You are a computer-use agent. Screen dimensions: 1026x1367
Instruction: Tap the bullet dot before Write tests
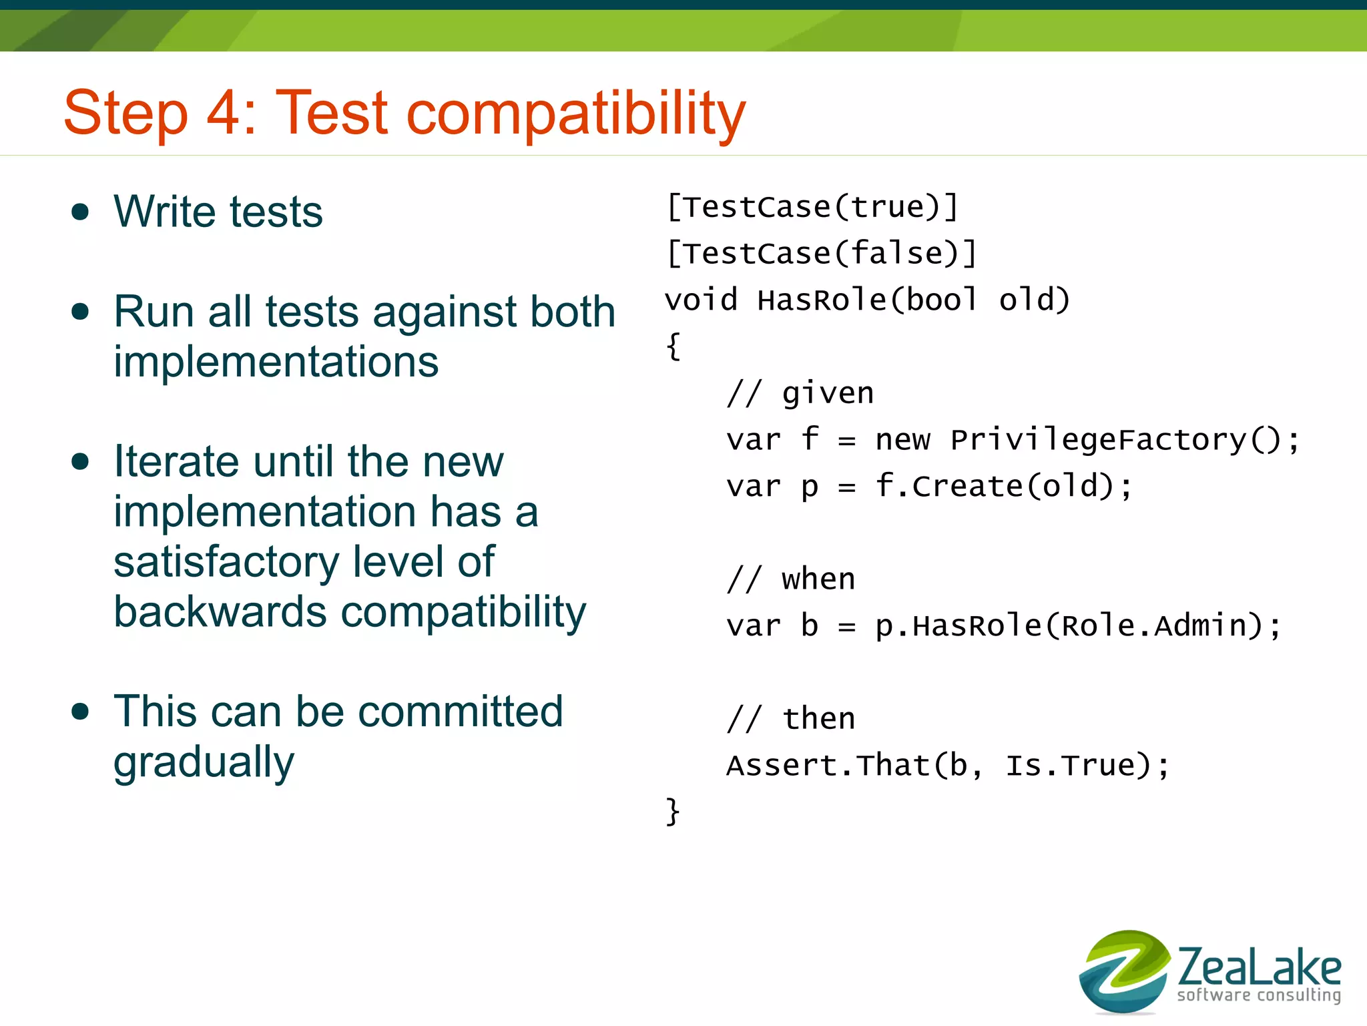pos(80,212)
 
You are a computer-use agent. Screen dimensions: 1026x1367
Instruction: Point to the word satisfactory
pos(226,561)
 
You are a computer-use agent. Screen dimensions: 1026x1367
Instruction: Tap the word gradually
pos(204,763)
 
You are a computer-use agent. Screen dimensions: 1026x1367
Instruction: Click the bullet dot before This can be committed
pos(80,712)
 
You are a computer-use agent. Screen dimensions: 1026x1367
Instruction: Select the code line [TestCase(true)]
pos(812,207)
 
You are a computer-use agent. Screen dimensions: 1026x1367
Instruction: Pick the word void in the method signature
pos(701,300)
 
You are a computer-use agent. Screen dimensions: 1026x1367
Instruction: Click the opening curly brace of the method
pos(673,346)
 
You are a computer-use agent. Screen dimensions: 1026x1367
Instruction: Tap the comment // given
pos(800,393)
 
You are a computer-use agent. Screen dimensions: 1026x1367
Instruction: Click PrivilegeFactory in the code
pos(1099,440)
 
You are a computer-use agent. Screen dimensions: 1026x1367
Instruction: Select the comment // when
pos(791,579)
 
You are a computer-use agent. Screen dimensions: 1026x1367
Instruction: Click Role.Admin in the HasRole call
pos(1154,626)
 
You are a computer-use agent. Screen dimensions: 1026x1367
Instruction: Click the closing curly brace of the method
pos(673,812)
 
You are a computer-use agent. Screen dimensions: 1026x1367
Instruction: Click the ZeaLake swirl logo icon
pos(1124,971)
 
